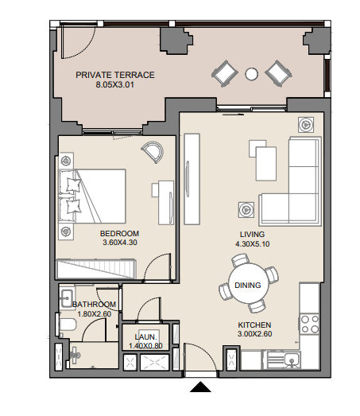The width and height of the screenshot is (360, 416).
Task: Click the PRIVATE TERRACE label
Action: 114,75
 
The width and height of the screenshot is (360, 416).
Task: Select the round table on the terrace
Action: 251,75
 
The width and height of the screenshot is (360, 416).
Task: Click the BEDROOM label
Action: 119,233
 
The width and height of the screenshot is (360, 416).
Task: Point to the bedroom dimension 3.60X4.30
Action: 119,243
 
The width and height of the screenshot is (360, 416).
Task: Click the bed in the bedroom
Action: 93,196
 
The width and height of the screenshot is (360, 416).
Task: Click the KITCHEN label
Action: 255,325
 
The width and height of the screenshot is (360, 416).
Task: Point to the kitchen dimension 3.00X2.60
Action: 255,335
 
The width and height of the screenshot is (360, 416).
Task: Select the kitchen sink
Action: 293,359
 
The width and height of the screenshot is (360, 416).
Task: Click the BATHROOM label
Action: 94,305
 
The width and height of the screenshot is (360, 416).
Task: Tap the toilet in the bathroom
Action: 66,325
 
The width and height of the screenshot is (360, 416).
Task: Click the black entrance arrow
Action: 201,388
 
